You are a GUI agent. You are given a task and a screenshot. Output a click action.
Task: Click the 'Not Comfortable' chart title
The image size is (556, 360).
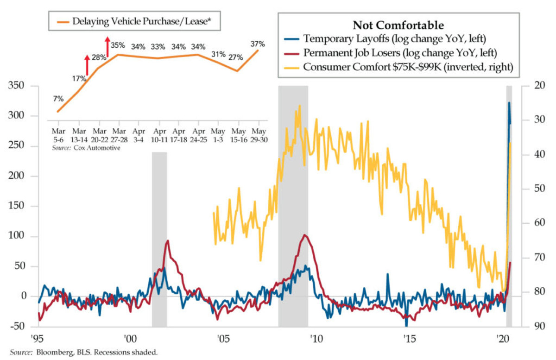pyautogui.click(x=398, y=25)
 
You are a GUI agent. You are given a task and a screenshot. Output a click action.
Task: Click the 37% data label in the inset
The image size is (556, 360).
pyautogui.click(x=258, y=44)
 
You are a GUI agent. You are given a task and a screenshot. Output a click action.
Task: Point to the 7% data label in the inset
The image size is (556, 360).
pyautogui.click(x=58, y=99)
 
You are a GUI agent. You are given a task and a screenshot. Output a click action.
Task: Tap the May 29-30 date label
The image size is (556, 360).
pyautogui.click(x=259, y=135)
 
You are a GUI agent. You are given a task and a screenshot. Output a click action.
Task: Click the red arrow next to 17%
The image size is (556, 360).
pyautogui.click(x=87, y=65)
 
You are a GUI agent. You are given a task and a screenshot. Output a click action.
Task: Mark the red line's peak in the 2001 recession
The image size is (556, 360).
pyautogui.click(x=167, y=240)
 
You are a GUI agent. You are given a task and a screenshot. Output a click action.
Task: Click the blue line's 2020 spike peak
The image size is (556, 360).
pyautogui.click(x=509, y=103)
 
